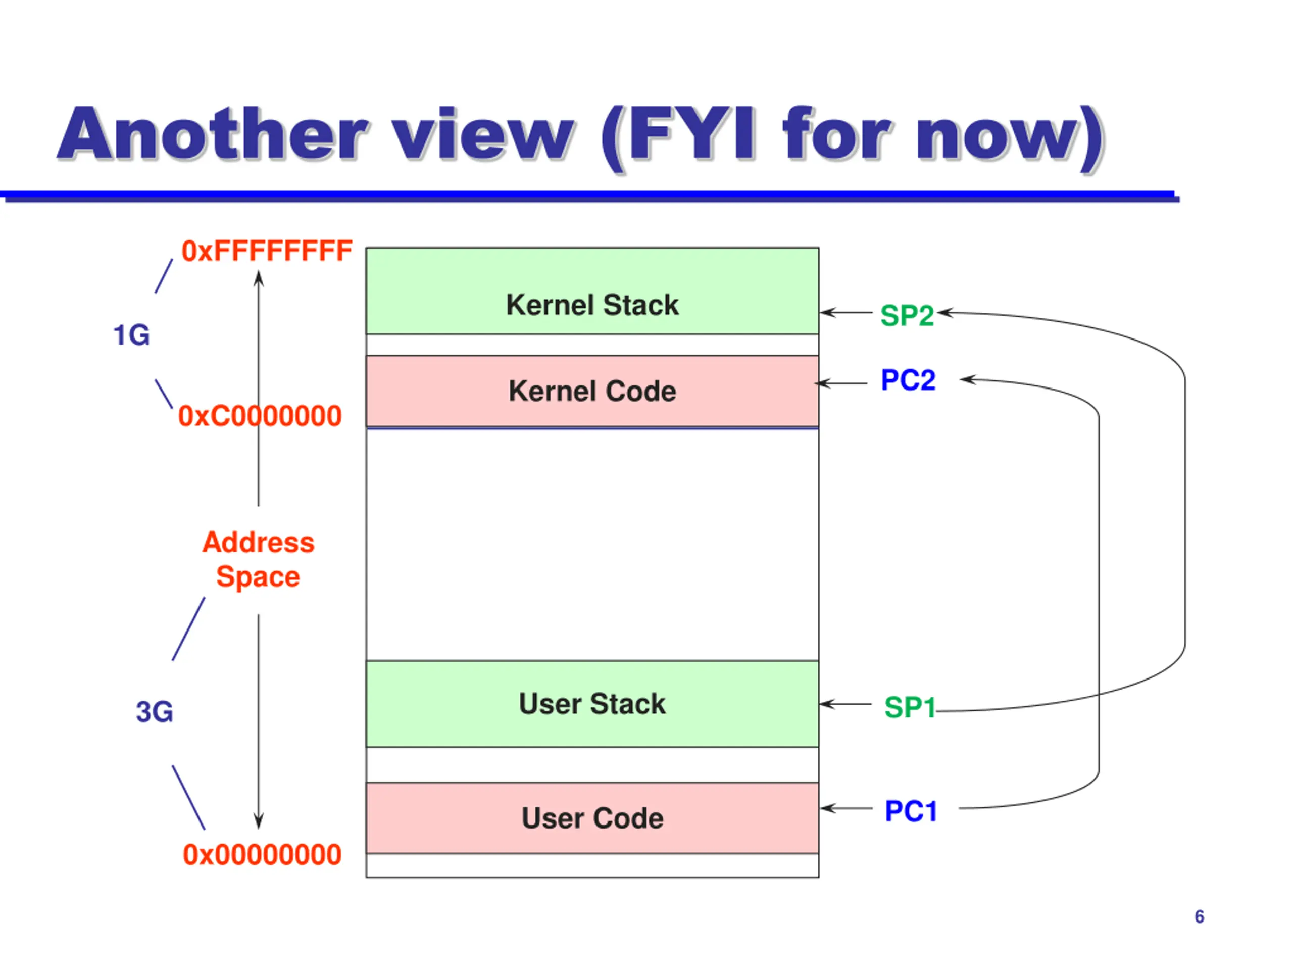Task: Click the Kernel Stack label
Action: pos(592,305)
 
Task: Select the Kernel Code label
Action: pos(592,391)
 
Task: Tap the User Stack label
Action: pos(592,704)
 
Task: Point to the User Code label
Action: pos(592,818)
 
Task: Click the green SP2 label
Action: pos(907,316)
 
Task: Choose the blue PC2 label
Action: pos(908,380)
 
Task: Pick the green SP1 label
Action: pos(910,707)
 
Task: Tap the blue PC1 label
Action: pos(911,811)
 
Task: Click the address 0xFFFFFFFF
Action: pos(267,251)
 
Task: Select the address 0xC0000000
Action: pos(260,416)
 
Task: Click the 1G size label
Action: pos(131,335)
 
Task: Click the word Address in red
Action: pos(259,543)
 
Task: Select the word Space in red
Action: pos(259,577)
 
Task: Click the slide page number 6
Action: pos(1200,917)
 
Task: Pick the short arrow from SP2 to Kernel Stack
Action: pos(846,313)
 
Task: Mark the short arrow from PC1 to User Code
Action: pos(847,809)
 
